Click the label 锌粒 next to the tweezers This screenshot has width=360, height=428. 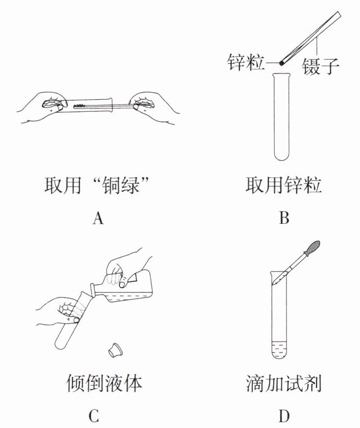(x=246, y=62)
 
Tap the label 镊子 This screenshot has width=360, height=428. (x=321, y=66)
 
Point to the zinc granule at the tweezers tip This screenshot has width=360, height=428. (x=281, y=63)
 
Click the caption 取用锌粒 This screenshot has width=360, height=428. (x=283, y=186)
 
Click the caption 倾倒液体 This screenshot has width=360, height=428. (x=104, y=383)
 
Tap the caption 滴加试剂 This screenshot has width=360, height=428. (x=283, y=383)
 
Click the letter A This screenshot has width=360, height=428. (x=98, y=218)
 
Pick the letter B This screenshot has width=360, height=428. (x=284, y=218)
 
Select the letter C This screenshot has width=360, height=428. (x=94, y=416)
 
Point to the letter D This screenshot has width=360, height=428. (x=284, y=416)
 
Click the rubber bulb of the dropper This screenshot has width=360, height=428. (x=313, y=248)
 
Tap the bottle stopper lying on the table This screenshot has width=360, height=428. (x=115, y=350)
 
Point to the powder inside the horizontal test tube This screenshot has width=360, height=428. (x=79, y=106)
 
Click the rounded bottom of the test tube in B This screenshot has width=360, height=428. (x=281, y=156)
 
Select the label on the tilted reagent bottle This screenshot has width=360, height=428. (x=133, y=278)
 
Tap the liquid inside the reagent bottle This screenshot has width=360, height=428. (x=130, y=298)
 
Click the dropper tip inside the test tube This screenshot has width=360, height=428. (x=274, y=284)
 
